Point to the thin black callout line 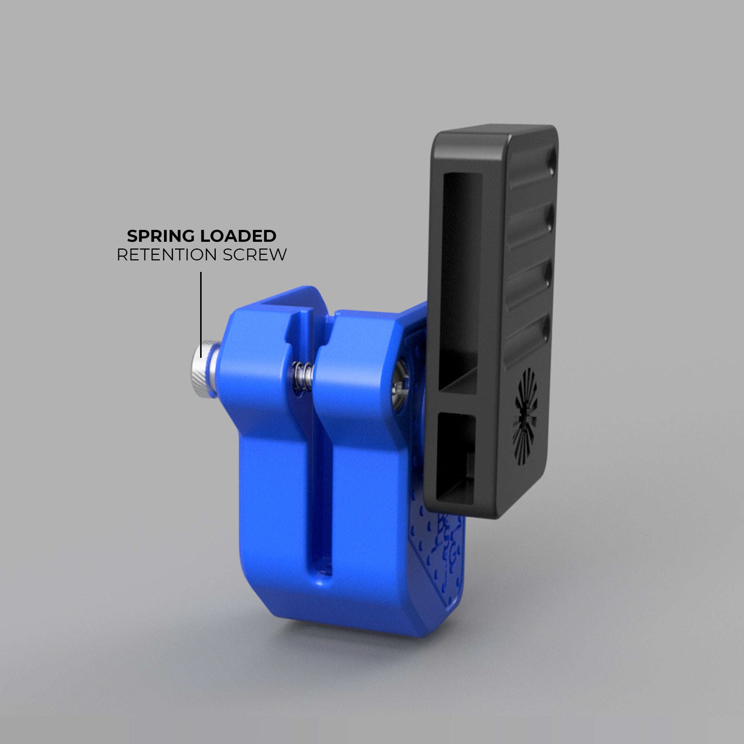(x=201, y=304)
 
